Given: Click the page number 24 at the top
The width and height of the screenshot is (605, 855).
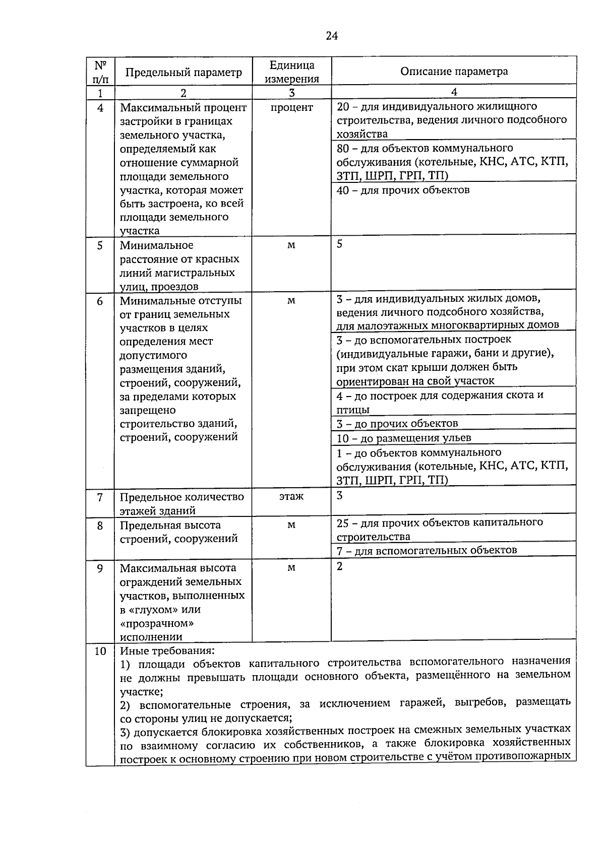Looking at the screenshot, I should click(x=332, y=35).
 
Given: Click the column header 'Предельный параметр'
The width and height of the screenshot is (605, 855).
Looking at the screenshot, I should click(x=184, y=72).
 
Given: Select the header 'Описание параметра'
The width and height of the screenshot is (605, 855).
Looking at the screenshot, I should click(x=454, y=71).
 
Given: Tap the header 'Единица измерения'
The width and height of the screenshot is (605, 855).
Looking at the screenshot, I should click(x=291, y=72).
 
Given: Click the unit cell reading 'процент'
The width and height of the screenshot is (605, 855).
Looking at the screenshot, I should click(x=291, y=107).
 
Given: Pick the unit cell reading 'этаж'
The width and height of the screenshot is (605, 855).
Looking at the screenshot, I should click(x=291, y=496).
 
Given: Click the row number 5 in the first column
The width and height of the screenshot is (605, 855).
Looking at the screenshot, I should click(x=100, y=245).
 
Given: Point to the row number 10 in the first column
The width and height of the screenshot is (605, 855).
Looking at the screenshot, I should click(x=100, y=651).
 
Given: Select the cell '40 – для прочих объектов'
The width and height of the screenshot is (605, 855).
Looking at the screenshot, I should click(x=403, y=190).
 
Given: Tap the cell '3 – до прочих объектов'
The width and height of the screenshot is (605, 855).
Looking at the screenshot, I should click(x=397, y=423).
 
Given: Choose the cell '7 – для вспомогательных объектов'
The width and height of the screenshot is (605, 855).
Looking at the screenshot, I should click(x=427, y=550).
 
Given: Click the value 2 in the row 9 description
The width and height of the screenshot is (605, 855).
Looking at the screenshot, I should click(x=340, y=566).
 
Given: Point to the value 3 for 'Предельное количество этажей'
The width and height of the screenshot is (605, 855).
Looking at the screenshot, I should click(x=340, y=495).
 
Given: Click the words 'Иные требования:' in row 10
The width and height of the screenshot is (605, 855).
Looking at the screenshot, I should click(x=167, y=650).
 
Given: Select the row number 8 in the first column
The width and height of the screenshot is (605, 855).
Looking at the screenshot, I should click(x=100, y=525).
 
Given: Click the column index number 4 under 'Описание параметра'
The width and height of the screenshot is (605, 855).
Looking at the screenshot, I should click(x=454, y=92).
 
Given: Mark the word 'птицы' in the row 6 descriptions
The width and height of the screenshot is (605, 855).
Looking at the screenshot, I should click(x=352, y=410).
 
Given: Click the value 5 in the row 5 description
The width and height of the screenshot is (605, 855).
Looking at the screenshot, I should click(x=339, y=244).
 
